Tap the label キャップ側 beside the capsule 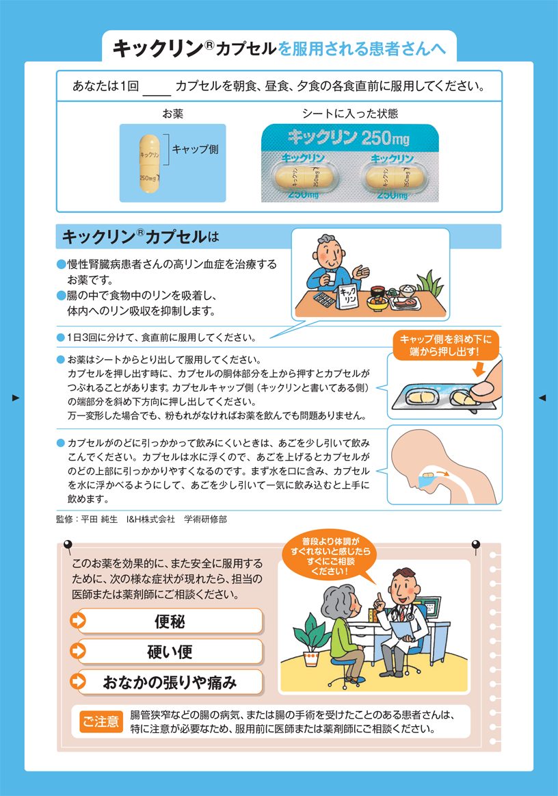[x=196, y=149]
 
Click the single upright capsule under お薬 [x=150, y=164]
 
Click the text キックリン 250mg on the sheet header [x=349, y=137]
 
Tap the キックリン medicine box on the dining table [x=348, y=296]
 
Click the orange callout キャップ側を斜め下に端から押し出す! [x=445, y=345]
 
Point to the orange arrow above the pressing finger [x=478, y=369]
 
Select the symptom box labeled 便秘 [x=170, y=621]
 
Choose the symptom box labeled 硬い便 [x=170, y=652]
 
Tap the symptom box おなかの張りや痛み [x=170, y=682]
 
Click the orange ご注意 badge [x=101, y=721]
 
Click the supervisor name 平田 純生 [x=99, y=519]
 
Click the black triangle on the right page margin [x=542, y=398]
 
